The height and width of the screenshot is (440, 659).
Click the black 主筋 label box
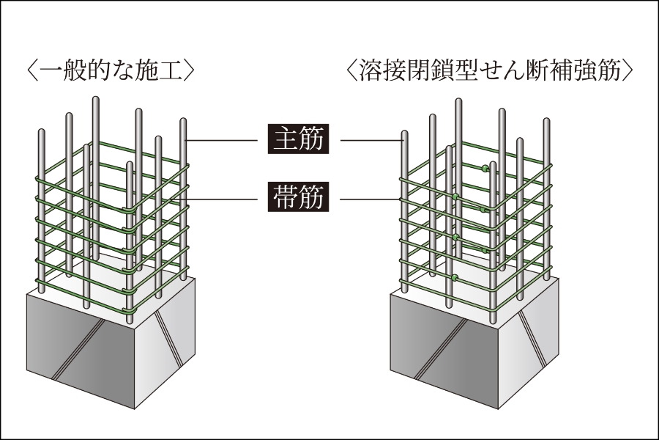click(299, 139)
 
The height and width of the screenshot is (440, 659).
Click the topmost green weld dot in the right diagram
click(485, 169)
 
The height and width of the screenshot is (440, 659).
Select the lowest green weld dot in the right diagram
click(455, 277)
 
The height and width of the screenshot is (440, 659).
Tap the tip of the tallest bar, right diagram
click(459, 100)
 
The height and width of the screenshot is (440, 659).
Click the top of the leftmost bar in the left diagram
click(41, 132)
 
